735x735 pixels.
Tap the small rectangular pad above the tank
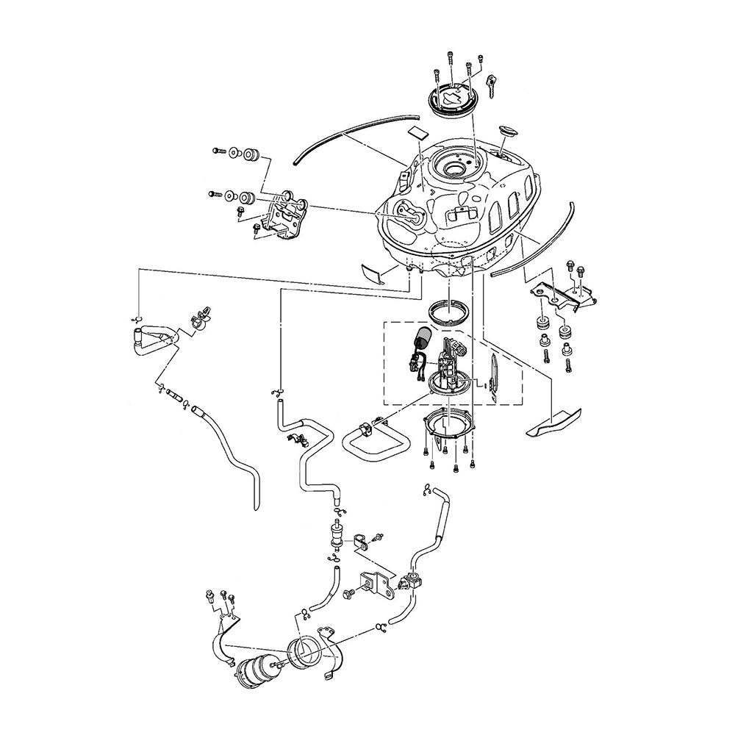418,132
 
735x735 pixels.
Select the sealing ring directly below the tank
448,313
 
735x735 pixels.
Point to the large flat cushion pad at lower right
553,425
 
